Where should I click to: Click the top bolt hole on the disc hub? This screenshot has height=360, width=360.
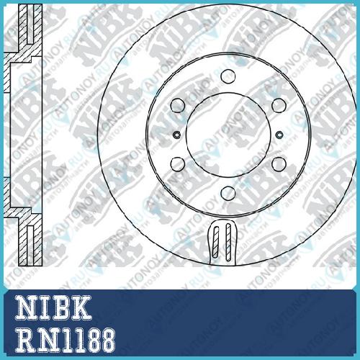pyautogui.click(x=228, y=76)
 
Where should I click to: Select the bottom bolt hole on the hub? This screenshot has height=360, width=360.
pyautogui.click(x=228, y=194)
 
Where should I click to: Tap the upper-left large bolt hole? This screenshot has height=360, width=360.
pyautogui.click(x=178, y=105)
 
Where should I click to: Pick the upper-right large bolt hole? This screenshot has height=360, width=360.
pyautogui.click(x=279, y=105)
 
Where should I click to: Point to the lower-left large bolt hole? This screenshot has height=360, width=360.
pyautogui.click(x=178, y=163)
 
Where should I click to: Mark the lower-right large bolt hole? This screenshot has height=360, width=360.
pyautogui.click(x=279, y=163)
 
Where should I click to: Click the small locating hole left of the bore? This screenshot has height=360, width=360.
pyautogui.click(x=177, y=135)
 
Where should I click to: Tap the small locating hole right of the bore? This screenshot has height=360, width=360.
pyautogui.click(x=279, y=135)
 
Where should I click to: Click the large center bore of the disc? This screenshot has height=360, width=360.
pyautogui.click(x=228, y=135)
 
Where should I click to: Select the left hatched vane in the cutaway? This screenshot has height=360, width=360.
pyautogui.click(x=216, y=242)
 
